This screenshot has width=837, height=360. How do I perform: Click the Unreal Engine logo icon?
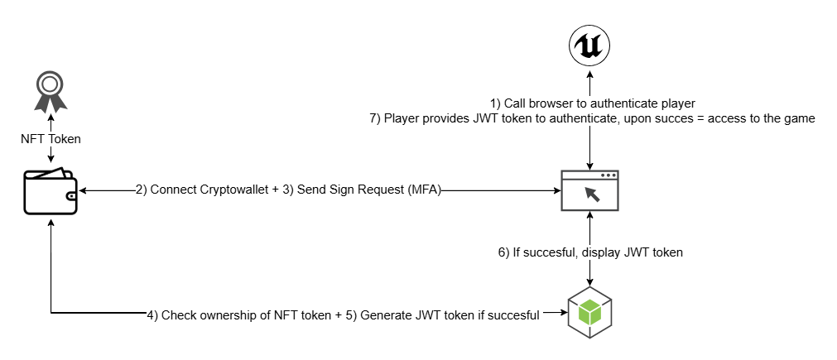coord(589,46)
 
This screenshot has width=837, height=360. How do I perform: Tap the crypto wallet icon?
coord(51,192)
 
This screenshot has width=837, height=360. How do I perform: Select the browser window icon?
coord(589,191)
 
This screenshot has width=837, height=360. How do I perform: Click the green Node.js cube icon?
coord(589,311)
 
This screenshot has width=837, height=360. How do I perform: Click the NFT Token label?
coord(51,139)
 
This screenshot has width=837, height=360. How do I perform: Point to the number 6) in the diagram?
coord(503,252)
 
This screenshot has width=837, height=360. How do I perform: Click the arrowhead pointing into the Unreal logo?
coord(589,76)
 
